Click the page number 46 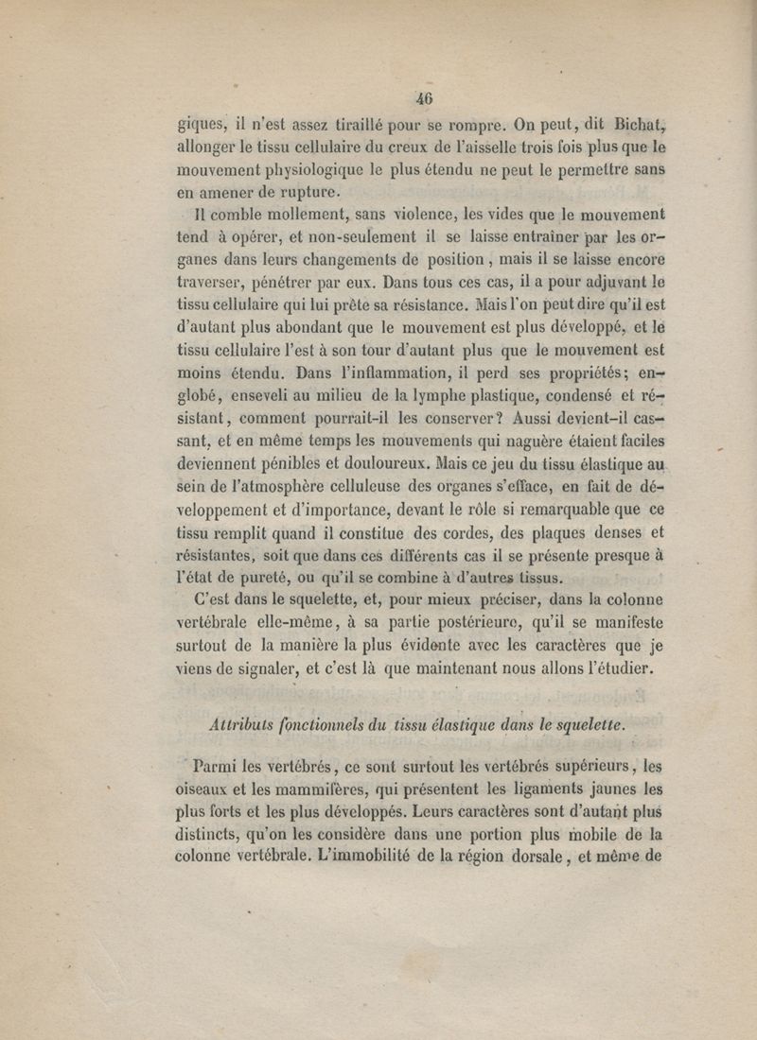[422, 97]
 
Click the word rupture [305, 193]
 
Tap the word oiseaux [205, 789]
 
